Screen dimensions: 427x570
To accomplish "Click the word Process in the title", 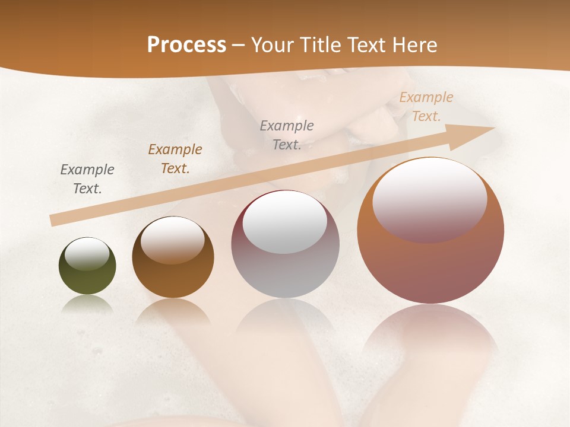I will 186,44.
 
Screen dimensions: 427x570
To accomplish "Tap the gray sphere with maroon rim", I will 285,273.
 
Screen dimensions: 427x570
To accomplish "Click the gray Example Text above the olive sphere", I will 87,179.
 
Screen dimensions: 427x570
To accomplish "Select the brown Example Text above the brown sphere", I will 175,159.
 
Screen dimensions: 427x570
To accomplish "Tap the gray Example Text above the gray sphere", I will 287,135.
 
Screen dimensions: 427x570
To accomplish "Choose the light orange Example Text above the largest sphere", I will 426,107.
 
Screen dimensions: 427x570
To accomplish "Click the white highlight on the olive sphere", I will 87,254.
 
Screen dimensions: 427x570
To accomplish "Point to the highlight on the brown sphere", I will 173,238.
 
